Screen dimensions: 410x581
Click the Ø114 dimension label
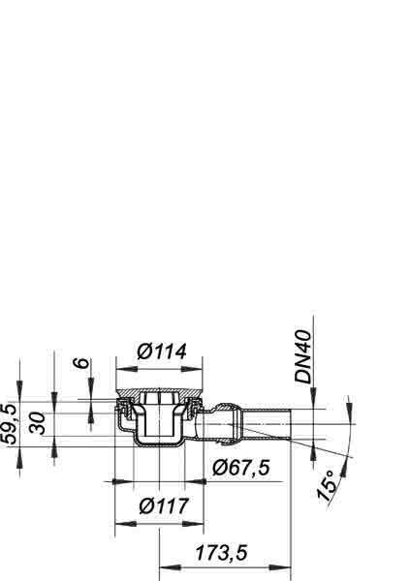click(x=162, y=352)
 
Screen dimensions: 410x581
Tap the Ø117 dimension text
click(x=164, y=505)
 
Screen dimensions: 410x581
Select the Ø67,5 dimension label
click(x=241, y=468)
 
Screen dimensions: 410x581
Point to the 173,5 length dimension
click(x=221, y=553)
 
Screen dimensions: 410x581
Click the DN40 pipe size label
click(x=303, y=356)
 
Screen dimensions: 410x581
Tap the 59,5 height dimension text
click(x=9, y=424)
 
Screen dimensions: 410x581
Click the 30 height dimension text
click(x=38, y=423)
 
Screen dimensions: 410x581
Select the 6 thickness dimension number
click(x=82, y=363)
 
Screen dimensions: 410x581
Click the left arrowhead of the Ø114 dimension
click(x=127, y=369)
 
